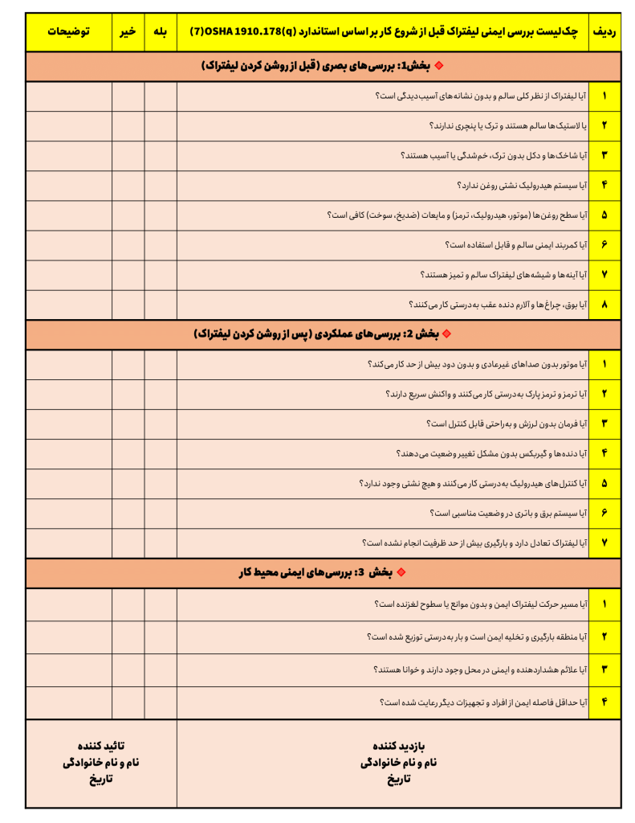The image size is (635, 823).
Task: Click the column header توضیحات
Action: coord(68,32)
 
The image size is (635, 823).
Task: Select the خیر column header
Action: coord(128,32)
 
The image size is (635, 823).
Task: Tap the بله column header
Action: coord(161,32)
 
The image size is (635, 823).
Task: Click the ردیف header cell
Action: coord(604,32)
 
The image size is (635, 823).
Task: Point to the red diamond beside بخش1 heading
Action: coord(438,66)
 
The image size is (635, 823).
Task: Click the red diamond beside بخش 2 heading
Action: coord(447,334)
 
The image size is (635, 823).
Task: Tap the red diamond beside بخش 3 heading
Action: coord(401,573)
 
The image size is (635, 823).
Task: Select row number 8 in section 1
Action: coord(604,305)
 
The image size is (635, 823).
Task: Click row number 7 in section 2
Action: coord(604,543)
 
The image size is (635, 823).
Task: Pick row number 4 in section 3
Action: coord(604,702)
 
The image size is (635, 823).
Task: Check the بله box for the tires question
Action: coord(161,126)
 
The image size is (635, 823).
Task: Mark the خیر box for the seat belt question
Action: coord(128,245)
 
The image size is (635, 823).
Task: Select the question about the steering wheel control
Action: coord(507,424)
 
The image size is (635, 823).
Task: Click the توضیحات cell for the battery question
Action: coord(68,513)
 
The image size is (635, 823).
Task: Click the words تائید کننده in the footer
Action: coord(100,745)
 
